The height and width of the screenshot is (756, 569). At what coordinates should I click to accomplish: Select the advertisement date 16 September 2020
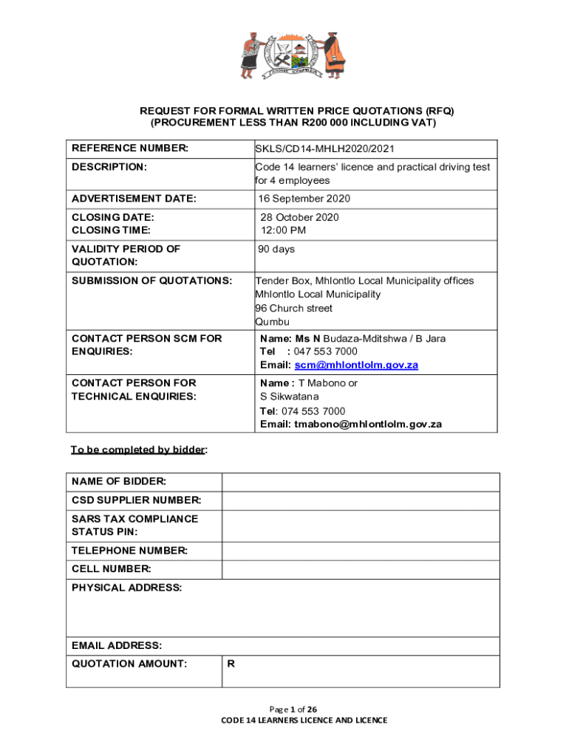(x=304, y=199)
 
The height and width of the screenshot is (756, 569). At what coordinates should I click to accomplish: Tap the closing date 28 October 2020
(x=299, y=217)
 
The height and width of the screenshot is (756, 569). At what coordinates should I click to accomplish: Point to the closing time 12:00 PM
(x=283, y=230)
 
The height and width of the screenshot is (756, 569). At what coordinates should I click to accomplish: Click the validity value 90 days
(x=276, y=250)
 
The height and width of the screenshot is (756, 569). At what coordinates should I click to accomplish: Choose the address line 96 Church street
(x=294, y=308)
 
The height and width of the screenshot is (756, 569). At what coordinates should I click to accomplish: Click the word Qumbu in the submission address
(x=273, y=322)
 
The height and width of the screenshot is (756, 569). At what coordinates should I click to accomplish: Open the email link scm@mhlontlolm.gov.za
(x=356, y=365)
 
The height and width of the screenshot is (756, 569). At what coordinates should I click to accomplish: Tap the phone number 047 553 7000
(x=326, y=351)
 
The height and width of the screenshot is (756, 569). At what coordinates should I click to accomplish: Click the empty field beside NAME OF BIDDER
(x=361, y=482)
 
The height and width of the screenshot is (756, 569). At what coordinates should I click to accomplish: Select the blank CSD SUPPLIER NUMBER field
(x=361, y=501)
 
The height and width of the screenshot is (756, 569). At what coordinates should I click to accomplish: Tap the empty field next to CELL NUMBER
(x=361, y=569)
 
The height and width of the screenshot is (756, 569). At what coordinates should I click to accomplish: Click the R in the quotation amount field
(x=231, y=664)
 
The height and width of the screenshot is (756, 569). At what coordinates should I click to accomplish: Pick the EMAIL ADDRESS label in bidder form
(x=117, y=645)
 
